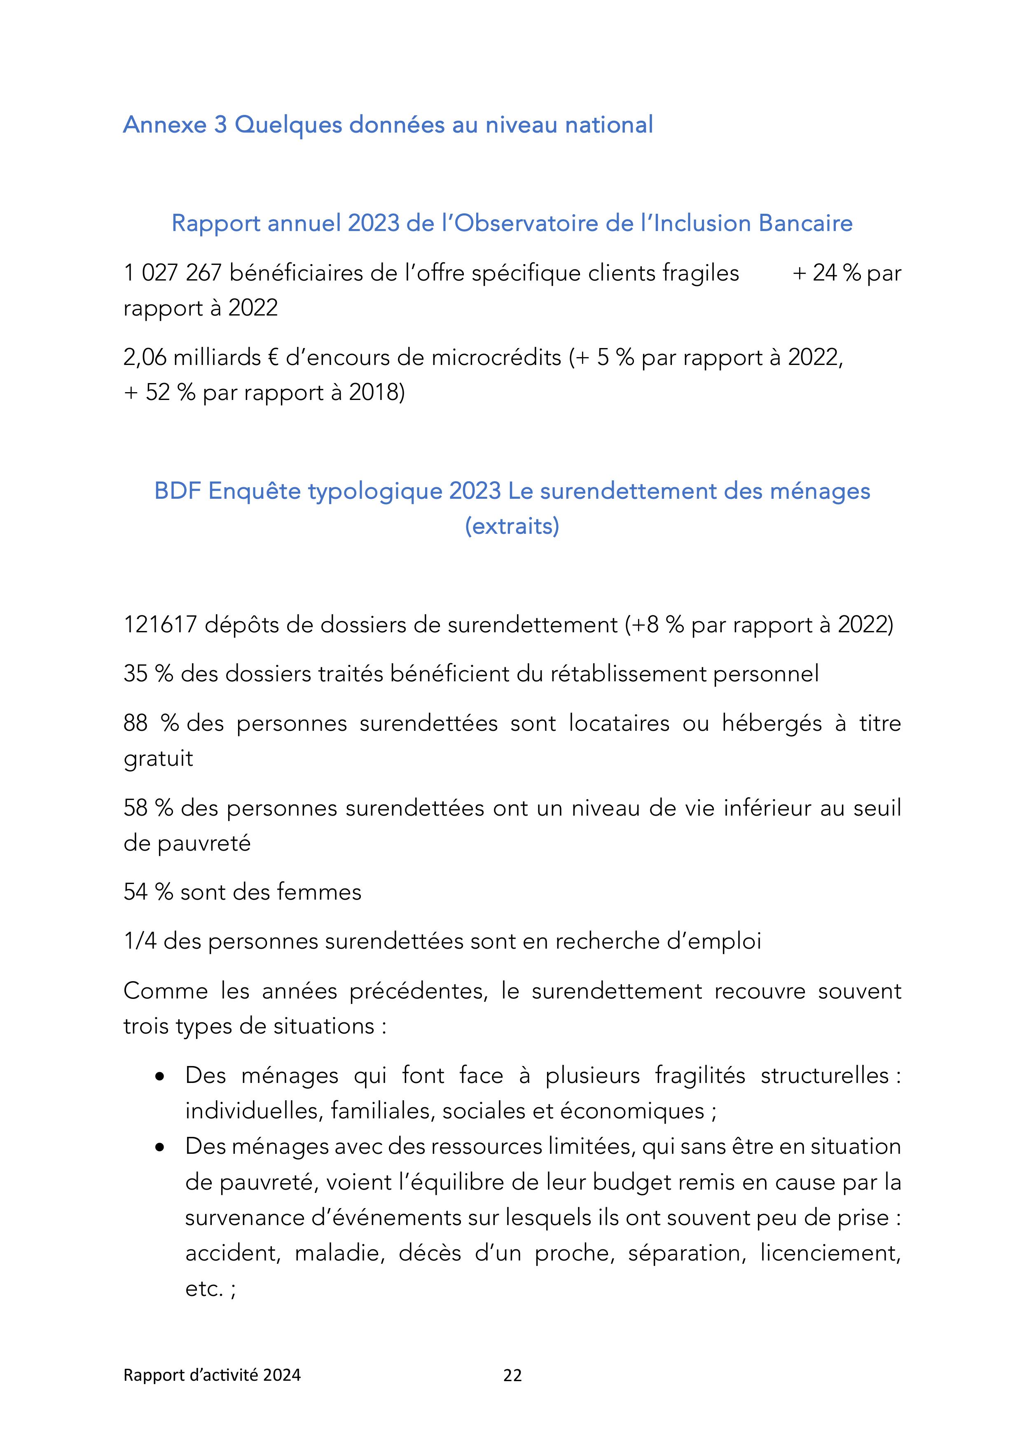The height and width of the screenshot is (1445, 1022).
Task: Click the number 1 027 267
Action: coord(173,273)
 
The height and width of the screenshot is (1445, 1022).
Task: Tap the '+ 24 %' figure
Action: coord(826,273)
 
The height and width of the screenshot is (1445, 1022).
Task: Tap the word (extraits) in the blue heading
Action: coord(512,526)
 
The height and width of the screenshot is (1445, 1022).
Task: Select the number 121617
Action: coord(161,625)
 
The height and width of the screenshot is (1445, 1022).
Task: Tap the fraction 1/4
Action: coord(139,942)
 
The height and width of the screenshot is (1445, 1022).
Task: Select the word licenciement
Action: coord(830,1253)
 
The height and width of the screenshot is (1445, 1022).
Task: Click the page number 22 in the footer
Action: coord(512,1375)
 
